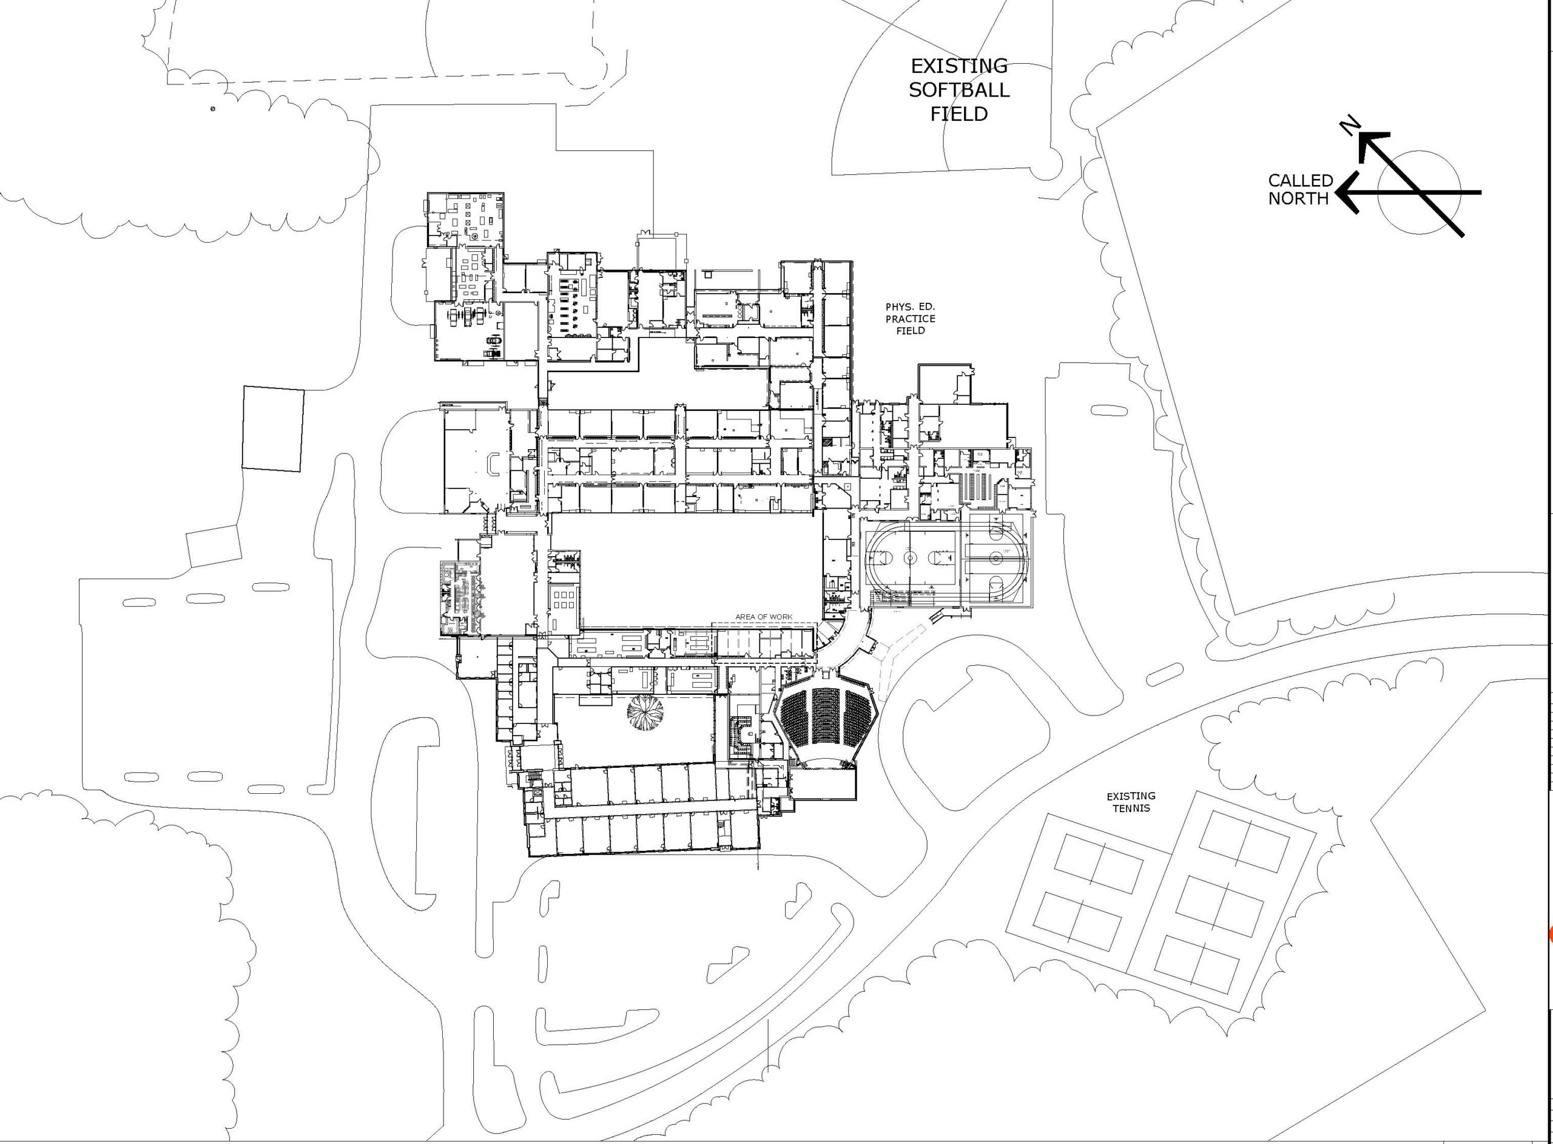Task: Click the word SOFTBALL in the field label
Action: click(x=958, y=90)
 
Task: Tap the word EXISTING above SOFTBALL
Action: click(x=958, y=67)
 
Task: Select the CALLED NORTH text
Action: click(x=1301, y=190)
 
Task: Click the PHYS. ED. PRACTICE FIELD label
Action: click(x=910, y=319)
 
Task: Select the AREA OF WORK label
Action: click(x=763, y=617)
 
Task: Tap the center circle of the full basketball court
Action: click(x=910, y=557)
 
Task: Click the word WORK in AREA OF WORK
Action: click(x=780, y=617)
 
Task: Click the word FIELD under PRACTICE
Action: click(x=910, y=330)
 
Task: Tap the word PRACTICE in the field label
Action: click(x=910, y=319)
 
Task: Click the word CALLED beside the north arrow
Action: click(x=1301, y=181)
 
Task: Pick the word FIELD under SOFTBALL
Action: click(x=958, y=113)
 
